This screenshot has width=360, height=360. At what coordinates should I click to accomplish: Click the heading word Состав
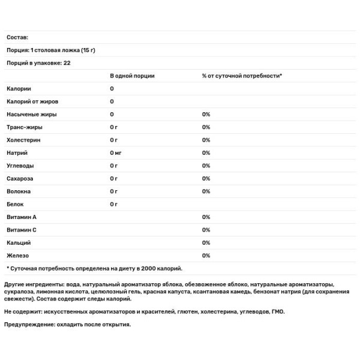pyautogui.click(x=17, y=37)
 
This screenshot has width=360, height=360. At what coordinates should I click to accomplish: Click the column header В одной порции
pyautogui.click(x=132, y=76)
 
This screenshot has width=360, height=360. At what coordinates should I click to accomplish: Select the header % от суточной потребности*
pyautogui.click(x=242, y=76)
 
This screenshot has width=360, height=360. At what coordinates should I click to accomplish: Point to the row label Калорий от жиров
pyautogui.click(x=32, y=101)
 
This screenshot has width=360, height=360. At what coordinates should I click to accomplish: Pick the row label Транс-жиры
pyautogui.click(x=24, y=127)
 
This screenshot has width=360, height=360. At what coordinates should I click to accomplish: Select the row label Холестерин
pyautogui.click(x=24, y=140)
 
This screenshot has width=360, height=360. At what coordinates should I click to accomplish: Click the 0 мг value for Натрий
pyautogui.click(x=116, y=153)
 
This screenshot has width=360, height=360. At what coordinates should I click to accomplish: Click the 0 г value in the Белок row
pyautogui.click(x=113, y=204)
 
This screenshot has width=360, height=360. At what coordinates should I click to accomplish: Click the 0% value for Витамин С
pyautogui.click(x=206, y=230)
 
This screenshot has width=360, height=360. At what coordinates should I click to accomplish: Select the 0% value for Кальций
pyautogui.click(x=206, y=242)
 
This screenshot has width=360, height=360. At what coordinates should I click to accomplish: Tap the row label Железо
pyautogui.click(x=19, y=256)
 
